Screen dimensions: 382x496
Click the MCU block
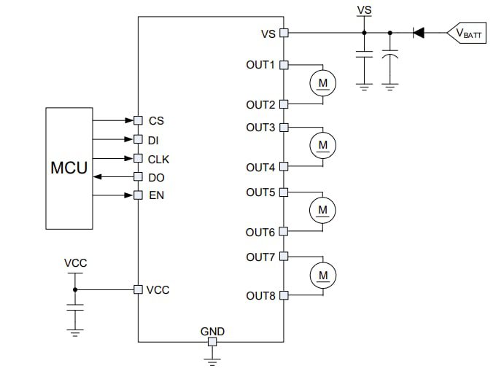(69, 168)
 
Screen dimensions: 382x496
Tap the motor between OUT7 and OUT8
(322, 276)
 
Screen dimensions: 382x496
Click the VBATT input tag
(468, 33)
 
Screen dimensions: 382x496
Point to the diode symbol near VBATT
(419, 33)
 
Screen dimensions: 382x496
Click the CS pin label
(156, 120)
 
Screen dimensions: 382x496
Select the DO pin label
(157, 177)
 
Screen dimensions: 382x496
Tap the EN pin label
(156, 195)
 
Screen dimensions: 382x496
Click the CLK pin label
(159, 158)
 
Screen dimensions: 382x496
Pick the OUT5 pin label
(260, 192)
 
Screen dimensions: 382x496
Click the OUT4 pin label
(260, 168)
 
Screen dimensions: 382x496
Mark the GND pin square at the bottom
(212, 342)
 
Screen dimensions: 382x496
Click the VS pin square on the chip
(284, 33)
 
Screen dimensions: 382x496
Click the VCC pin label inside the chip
(158, 289)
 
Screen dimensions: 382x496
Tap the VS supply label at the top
(364, 10)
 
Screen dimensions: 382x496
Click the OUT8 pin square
(284, 295)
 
